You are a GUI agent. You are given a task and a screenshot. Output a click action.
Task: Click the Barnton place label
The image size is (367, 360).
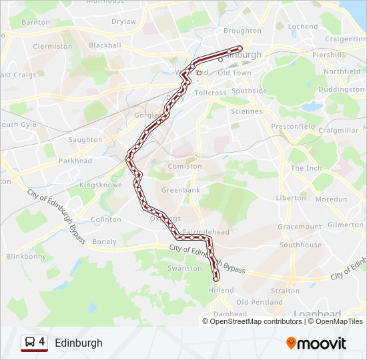35,22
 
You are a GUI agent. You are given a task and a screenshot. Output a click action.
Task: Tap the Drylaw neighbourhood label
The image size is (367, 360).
123,21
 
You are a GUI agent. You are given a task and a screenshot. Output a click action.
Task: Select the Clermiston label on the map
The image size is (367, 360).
52,47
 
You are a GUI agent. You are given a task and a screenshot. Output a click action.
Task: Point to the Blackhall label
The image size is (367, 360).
105,45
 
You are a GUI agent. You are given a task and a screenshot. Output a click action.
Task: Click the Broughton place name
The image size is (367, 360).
242,31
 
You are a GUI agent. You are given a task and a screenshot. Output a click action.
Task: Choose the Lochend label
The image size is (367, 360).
303,27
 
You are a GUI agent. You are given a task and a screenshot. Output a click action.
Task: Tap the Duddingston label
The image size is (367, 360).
341,89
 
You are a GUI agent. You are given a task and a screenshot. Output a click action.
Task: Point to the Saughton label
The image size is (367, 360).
85,140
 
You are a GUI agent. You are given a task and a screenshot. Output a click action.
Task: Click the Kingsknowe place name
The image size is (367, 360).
98,184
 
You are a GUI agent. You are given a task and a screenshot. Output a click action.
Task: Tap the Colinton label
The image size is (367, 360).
106,219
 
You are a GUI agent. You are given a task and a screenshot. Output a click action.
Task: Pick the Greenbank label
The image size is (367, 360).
180,190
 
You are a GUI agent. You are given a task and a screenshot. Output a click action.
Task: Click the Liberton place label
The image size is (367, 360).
291,198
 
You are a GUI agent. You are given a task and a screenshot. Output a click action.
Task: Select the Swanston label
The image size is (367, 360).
184,268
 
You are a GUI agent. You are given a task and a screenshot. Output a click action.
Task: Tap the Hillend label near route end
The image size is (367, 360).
222,290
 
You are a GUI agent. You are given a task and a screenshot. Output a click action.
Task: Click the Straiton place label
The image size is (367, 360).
286,291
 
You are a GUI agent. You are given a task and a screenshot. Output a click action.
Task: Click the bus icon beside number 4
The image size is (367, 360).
29,343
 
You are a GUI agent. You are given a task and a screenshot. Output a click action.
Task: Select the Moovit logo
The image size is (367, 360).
316,343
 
